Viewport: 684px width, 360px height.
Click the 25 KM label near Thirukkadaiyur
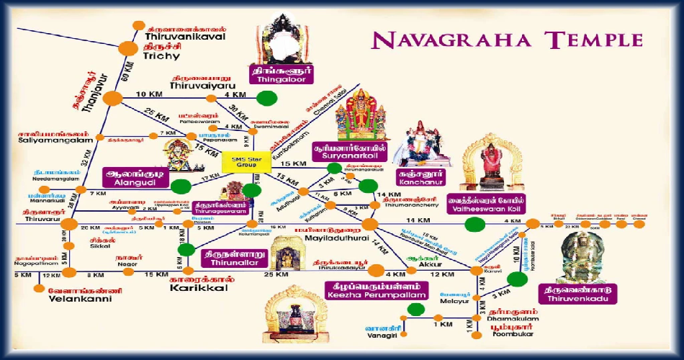click(270, 275)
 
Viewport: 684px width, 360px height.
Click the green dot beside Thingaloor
click(267, 98)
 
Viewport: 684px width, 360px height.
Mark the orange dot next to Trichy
click(127, 48)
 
